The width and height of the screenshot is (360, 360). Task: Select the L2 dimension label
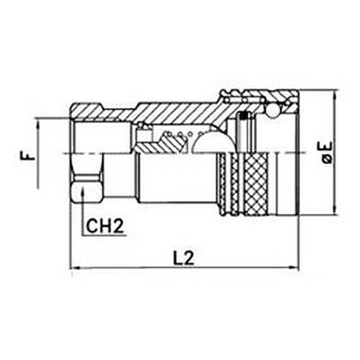click(184, 258)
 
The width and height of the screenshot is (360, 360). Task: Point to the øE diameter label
click(327, 153)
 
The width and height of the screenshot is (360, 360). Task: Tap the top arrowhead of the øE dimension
click(334, 95)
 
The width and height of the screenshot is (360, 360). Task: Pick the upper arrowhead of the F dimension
click(38, 125)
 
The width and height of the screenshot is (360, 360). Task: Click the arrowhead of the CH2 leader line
click(83, 192)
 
